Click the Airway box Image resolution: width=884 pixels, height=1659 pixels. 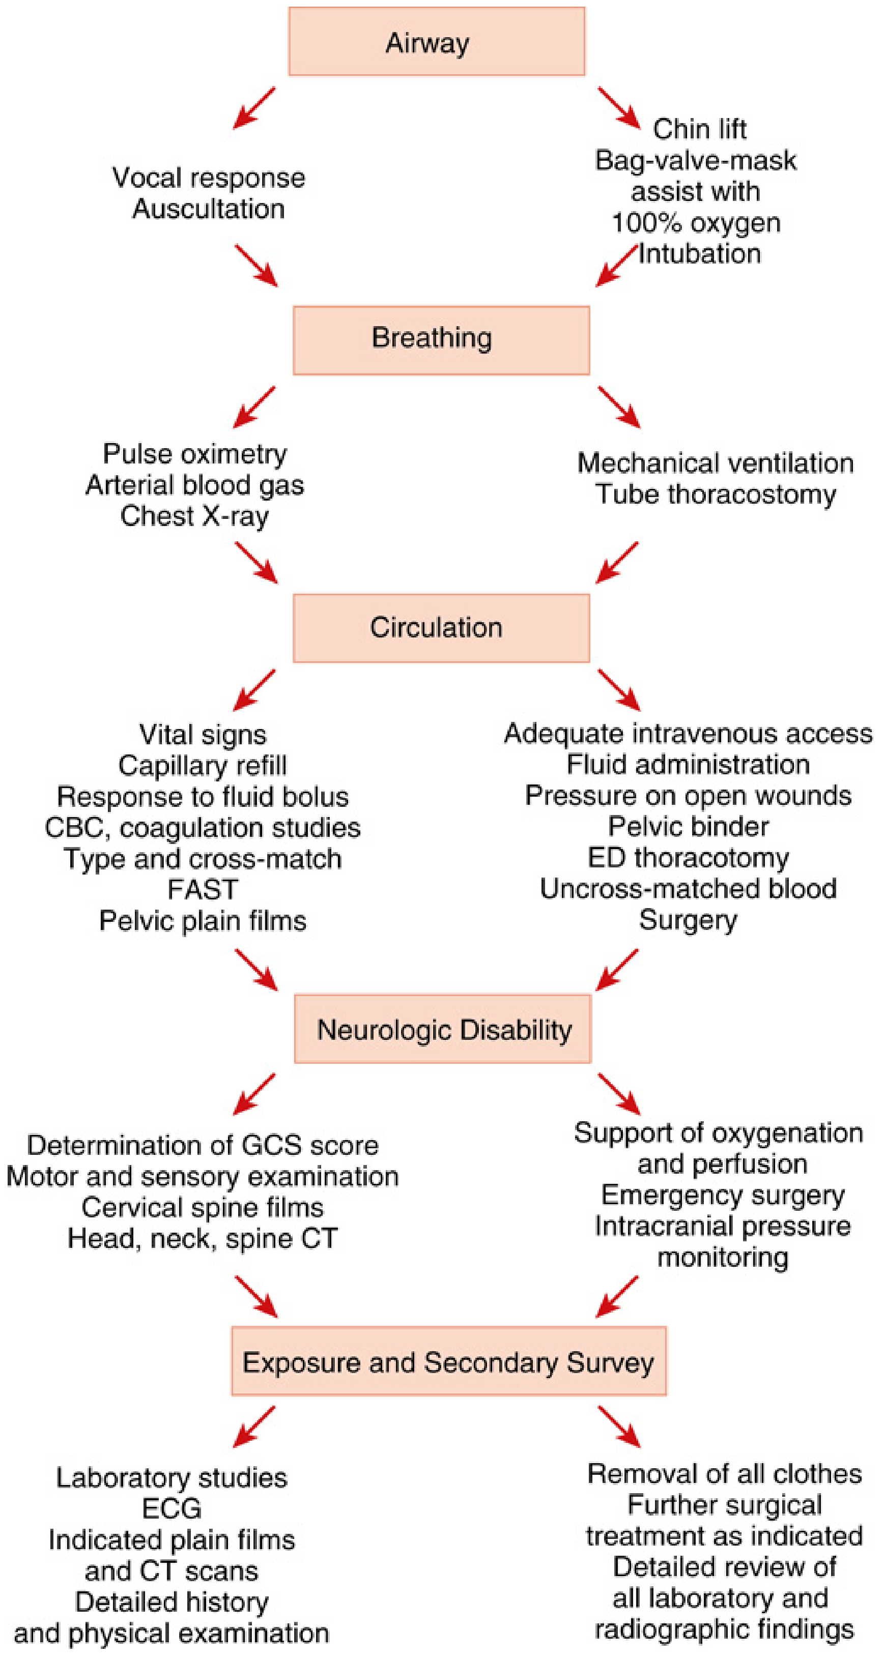tap(437, 42)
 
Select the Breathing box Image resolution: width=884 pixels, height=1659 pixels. tap(441, 340)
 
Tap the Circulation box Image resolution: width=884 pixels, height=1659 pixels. tap(441, 628)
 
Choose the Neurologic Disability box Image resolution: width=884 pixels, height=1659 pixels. tap(443, 1029)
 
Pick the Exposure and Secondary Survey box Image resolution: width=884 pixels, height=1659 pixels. tap(449, 1361)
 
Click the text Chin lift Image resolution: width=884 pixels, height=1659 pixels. tap(700, 129)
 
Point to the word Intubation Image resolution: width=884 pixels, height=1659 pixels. tap(700, 254)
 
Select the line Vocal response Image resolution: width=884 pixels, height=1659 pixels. tap(209, 178)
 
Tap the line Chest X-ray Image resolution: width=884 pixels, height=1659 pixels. tap(194, 516)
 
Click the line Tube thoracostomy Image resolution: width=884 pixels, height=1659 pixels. tap(716, 494)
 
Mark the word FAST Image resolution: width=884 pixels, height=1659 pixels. tap(203, 889)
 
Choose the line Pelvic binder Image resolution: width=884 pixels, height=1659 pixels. tap(689, 826)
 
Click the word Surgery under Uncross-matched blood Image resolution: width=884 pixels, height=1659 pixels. tap(689, 920)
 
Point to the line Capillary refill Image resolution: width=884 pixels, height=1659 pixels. tap(203, 766)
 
